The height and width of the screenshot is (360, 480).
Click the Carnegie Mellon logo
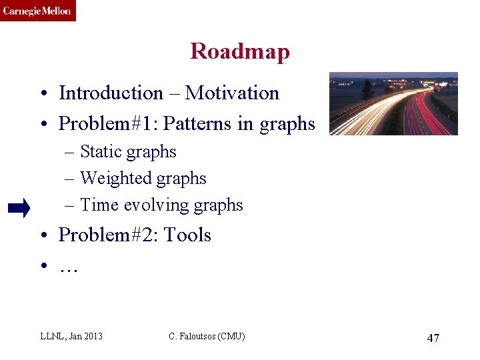click(37, 11)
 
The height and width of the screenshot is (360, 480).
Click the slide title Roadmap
click(240, 51)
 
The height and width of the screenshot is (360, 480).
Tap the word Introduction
click(111, 93)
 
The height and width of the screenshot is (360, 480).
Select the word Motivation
click(232, 93)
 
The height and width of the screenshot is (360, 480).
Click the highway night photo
click(393, 103)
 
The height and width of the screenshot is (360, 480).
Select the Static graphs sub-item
click(128, 152)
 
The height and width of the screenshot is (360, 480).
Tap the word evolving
click(151, 205)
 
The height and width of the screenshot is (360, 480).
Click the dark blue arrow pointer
click(19, 209)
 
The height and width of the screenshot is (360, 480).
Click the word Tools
click(187, 235)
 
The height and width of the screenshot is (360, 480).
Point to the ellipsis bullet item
click(69, 267)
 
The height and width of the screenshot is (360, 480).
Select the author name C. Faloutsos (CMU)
click(207, 336)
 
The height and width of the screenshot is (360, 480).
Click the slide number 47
click(433, 338)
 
